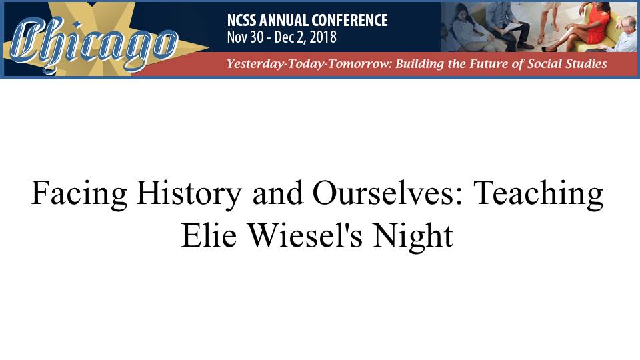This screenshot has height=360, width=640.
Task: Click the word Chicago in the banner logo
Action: [x=94, y=44]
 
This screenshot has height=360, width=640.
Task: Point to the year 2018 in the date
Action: [x=323, y=37]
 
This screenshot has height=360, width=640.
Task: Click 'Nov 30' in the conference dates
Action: [x=245, y=37]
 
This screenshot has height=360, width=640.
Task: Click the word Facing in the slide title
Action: [x=79, y=194]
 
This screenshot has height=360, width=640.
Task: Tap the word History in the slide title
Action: [x=189, y=194]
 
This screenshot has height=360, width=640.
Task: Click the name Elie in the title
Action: [x=209, y=235]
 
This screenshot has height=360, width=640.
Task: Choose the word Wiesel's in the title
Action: [x=306, y=235]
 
